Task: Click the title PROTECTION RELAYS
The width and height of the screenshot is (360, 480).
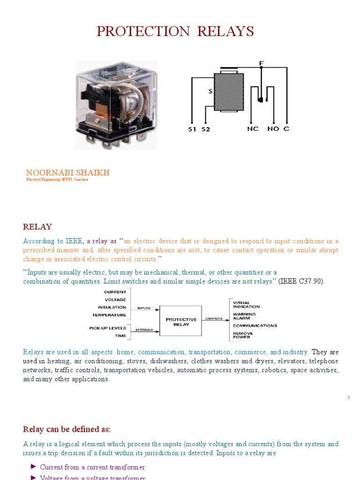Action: click(x=175, y=31)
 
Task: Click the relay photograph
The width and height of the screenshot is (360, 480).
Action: click(x=117, y=105)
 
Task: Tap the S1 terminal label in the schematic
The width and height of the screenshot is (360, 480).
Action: click(x=192, y=129)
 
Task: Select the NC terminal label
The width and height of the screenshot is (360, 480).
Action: click(x=253, y=129)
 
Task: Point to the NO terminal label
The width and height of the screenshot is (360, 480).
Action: click(x=273, y=129)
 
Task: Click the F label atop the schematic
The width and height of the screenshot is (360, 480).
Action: click(x=262, y=63)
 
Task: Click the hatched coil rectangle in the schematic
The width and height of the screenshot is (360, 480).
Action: click(x=229, y=92)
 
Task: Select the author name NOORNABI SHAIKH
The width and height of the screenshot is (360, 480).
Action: click(x=67, y=172)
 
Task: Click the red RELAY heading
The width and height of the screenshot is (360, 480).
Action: click(x=37, y=227)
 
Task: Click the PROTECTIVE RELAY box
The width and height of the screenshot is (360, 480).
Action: click(x=181, y=322)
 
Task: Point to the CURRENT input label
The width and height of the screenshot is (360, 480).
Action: click(x=115, y=292)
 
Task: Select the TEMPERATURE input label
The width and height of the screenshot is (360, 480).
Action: click(x=109, y=315)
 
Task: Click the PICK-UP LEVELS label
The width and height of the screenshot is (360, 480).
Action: click(x=108, y=328)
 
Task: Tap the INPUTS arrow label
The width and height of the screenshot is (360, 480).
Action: click(x=144, y=308)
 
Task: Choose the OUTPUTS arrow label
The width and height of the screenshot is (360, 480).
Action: click(x=214, y=319)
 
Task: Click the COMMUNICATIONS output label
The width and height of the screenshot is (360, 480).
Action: click(x=255, y=325)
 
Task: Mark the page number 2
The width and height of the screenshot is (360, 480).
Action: click(x=348, y=397)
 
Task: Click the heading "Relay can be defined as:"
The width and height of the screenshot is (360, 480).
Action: click(x=67, y=429)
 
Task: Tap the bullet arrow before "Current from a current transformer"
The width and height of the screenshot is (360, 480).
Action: click(x=33, y=466)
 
